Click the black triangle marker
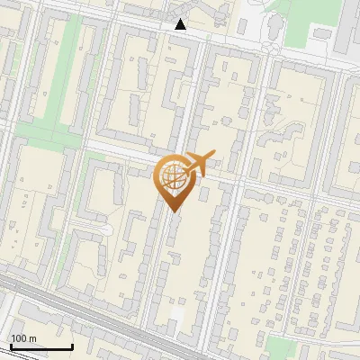[x=181, y=24]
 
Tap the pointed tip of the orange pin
[x=173, y=211]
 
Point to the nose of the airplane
[x=214, y=156]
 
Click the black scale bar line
[x=40, y=346]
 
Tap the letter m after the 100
[x=32, y=338]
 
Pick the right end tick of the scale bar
[x=72, y=346]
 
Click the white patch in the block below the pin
[x=179, y=314]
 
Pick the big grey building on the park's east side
[x=346, y=36]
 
